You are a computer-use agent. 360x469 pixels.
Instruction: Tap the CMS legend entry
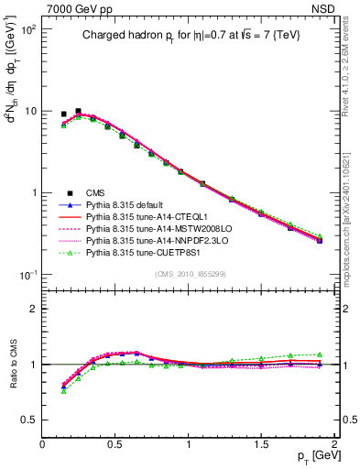pos(96,192)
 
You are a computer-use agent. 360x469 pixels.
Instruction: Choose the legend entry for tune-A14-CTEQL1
pos(147,216)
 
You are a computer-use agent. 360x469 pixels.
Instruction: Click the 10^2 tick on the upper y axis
pos(27,30)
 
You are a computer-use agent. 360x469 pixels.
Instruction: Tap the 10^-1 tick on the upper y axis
pos(27,275)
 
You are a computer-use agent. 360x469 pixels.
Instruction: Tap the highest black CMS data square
pos(78,111)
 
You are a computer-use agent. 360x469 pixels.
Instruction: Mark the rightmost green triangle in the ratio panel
pos(320,354)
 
